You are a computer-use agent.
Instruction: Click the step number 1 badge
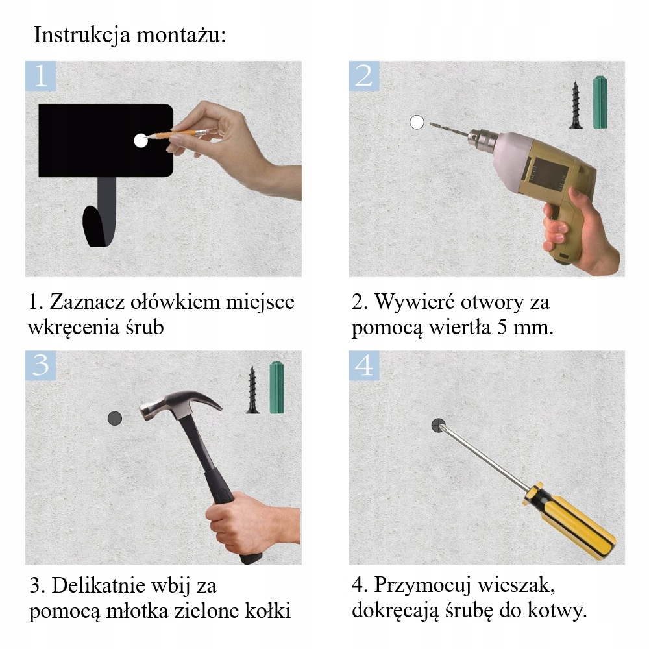[x=40, y=76]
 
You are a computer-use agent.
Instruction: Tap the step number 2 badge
[x=363, y=76]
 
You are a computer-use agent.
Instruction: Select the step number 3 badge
[x=40, y=365]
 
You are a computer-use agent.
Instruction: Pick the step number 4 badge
[x=363, y=365]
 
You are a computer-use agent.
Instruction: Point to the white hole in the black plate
[x=141, y=141]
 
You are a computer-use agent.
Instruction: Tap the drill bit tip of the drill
[x=431, y=123]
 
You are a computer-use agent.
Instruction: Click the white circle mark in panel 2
[x=417, y=122]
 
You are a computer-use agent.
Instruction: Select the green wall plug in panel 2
[x=600, y=102]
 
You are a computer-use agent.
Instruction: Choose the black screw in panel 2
[x=575, y=105]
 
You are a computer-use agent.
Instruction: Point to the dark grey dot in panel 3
[x=115, y=419]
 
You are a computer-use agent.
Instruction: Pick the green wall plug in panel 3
[x=277, y=387]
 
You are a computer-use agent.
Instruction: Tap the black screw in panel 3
[x=252, y=390]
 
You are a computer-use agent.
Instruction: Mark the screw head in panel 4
[x=438, y=426]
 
